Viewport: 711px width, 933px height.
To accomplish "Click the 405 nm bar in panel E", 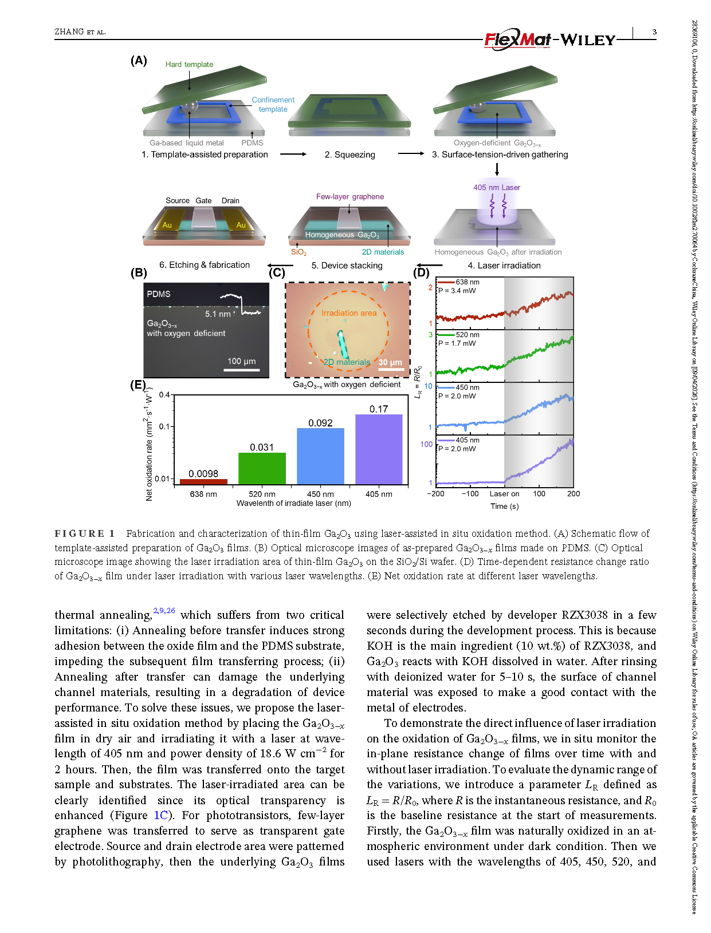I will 379,450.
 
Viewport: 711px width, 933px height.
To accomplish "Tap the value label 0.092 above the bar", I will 320,423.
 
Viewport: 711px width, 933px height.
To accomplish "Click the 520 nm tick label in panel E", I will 262,494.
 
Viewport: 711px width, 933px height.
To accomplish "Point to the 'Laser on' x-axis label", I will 504,493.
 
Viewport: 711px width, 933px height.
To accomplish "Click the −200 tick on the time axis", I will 436,493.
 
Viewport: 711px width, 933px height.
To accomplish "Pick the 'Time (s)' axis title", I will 504,506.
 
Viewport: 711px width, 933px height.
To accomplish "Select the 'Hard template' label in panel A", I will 189,65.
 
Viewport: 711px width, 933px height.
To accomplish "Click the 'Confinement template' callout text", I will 273,104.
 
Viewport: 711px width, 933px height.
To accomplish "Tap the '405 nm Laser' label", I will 497,187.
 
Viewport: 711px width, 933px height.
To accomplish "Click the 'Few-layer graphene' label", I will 350,196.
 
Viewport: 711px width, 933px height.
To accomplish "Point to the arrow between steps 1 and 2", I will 293,154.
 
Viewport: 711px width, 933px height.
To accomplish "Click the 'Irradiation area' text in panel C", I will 349,313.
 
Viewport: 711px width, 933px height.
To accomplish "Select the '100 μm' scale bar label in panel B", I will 241,361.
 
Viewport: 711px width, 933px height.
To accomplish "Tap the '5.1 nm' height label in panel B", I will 218,314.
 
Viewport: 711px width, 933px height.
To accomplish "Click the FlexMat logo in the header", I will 518,39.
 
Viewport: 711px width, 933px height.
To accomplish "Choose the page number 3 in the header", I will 654,32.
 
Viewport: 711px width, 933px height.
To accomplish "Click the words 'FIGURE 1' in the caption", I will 85,533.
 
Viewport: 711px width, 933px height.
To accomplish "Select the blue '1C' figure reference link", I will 161,815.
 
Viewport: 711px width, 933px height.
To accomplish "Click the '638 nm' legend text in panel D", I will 468,282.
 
